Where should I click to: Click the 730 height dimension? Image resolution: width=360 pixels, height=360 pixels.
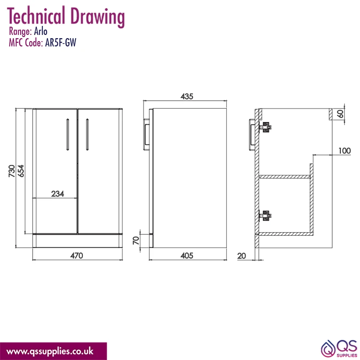[12, 171]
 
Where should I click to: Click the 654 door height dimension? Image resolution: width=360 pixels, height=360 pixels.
[21, 171]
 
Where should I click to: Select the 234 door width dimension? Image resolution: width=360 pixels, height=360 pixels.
[58, 194]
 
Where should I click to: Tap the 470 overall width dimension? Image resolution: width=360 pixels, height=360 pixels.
[77, 256]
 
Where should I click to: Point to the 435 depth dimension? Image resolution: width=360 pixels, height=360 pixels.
[186, 96]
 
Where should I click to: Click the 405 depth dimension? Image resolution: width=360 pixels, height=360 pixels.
[186, 256]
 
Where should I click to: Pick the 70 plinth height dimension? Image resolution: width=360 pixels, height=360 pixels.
[136, 240]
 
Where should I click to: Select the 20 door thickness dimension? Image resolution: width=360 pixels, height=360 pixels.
[242, 256]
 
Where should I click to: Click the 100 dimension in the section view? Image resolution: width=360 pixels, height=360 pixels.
[345, 151]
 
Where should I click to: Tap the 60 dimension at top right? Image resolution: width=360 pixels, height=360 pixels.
[341, 114]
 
